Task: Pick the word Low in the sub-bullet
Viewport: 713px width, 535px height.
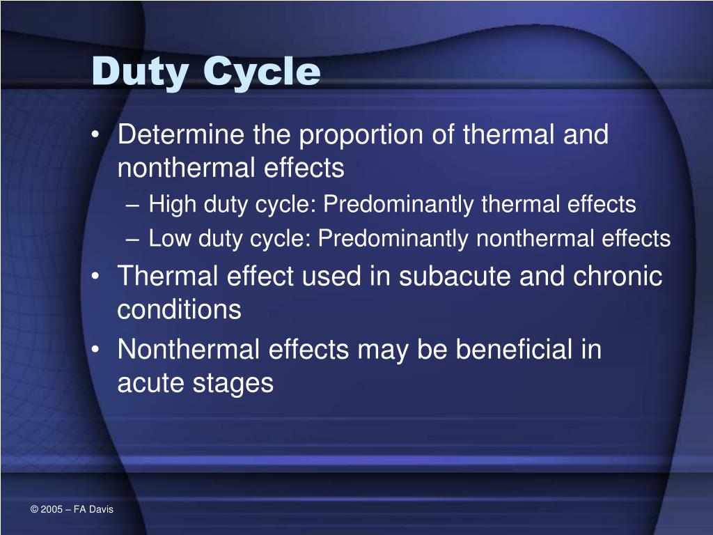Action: (x=171, y=239)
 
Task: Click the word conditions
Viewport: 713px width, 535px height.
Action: (x=179, y=309)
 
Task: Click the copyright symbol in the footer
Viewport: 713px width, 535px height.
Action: (x=34, y=510)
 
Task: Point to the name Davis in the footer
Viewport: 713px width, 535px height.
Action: (x=102, y=510)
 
